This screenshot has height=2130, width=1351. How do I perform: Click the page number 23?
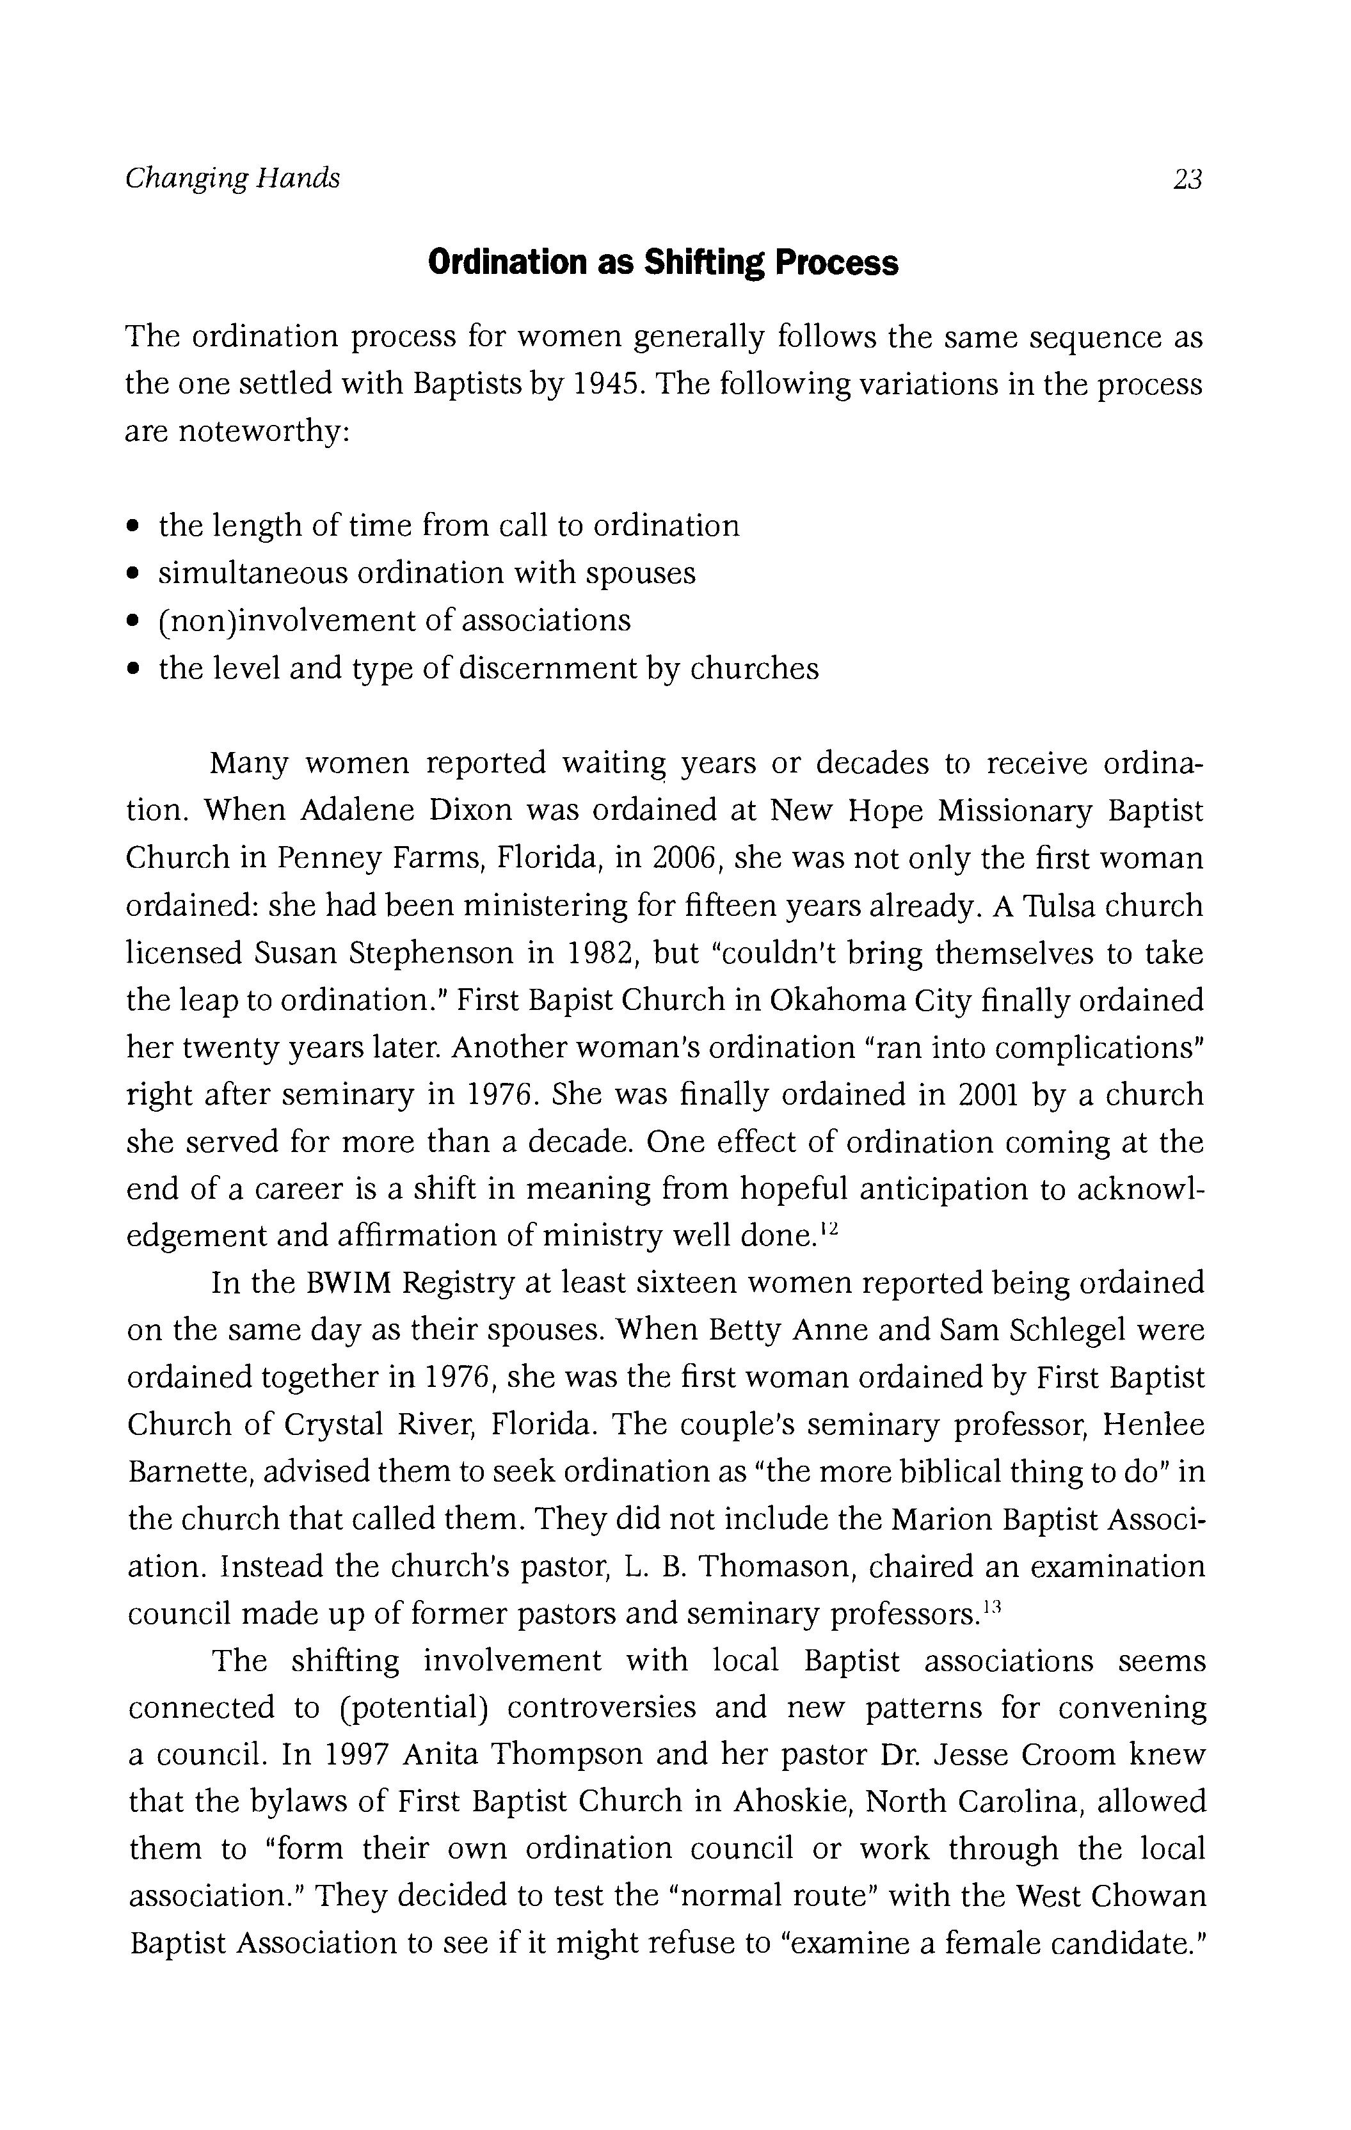1187,180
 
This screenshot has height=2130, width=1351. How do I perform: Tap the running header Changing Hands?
232,179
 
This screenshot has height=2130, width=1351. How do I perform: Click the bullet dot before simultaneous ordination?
132,574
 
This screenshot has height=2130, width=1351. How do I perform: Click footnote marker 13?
990,1608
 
